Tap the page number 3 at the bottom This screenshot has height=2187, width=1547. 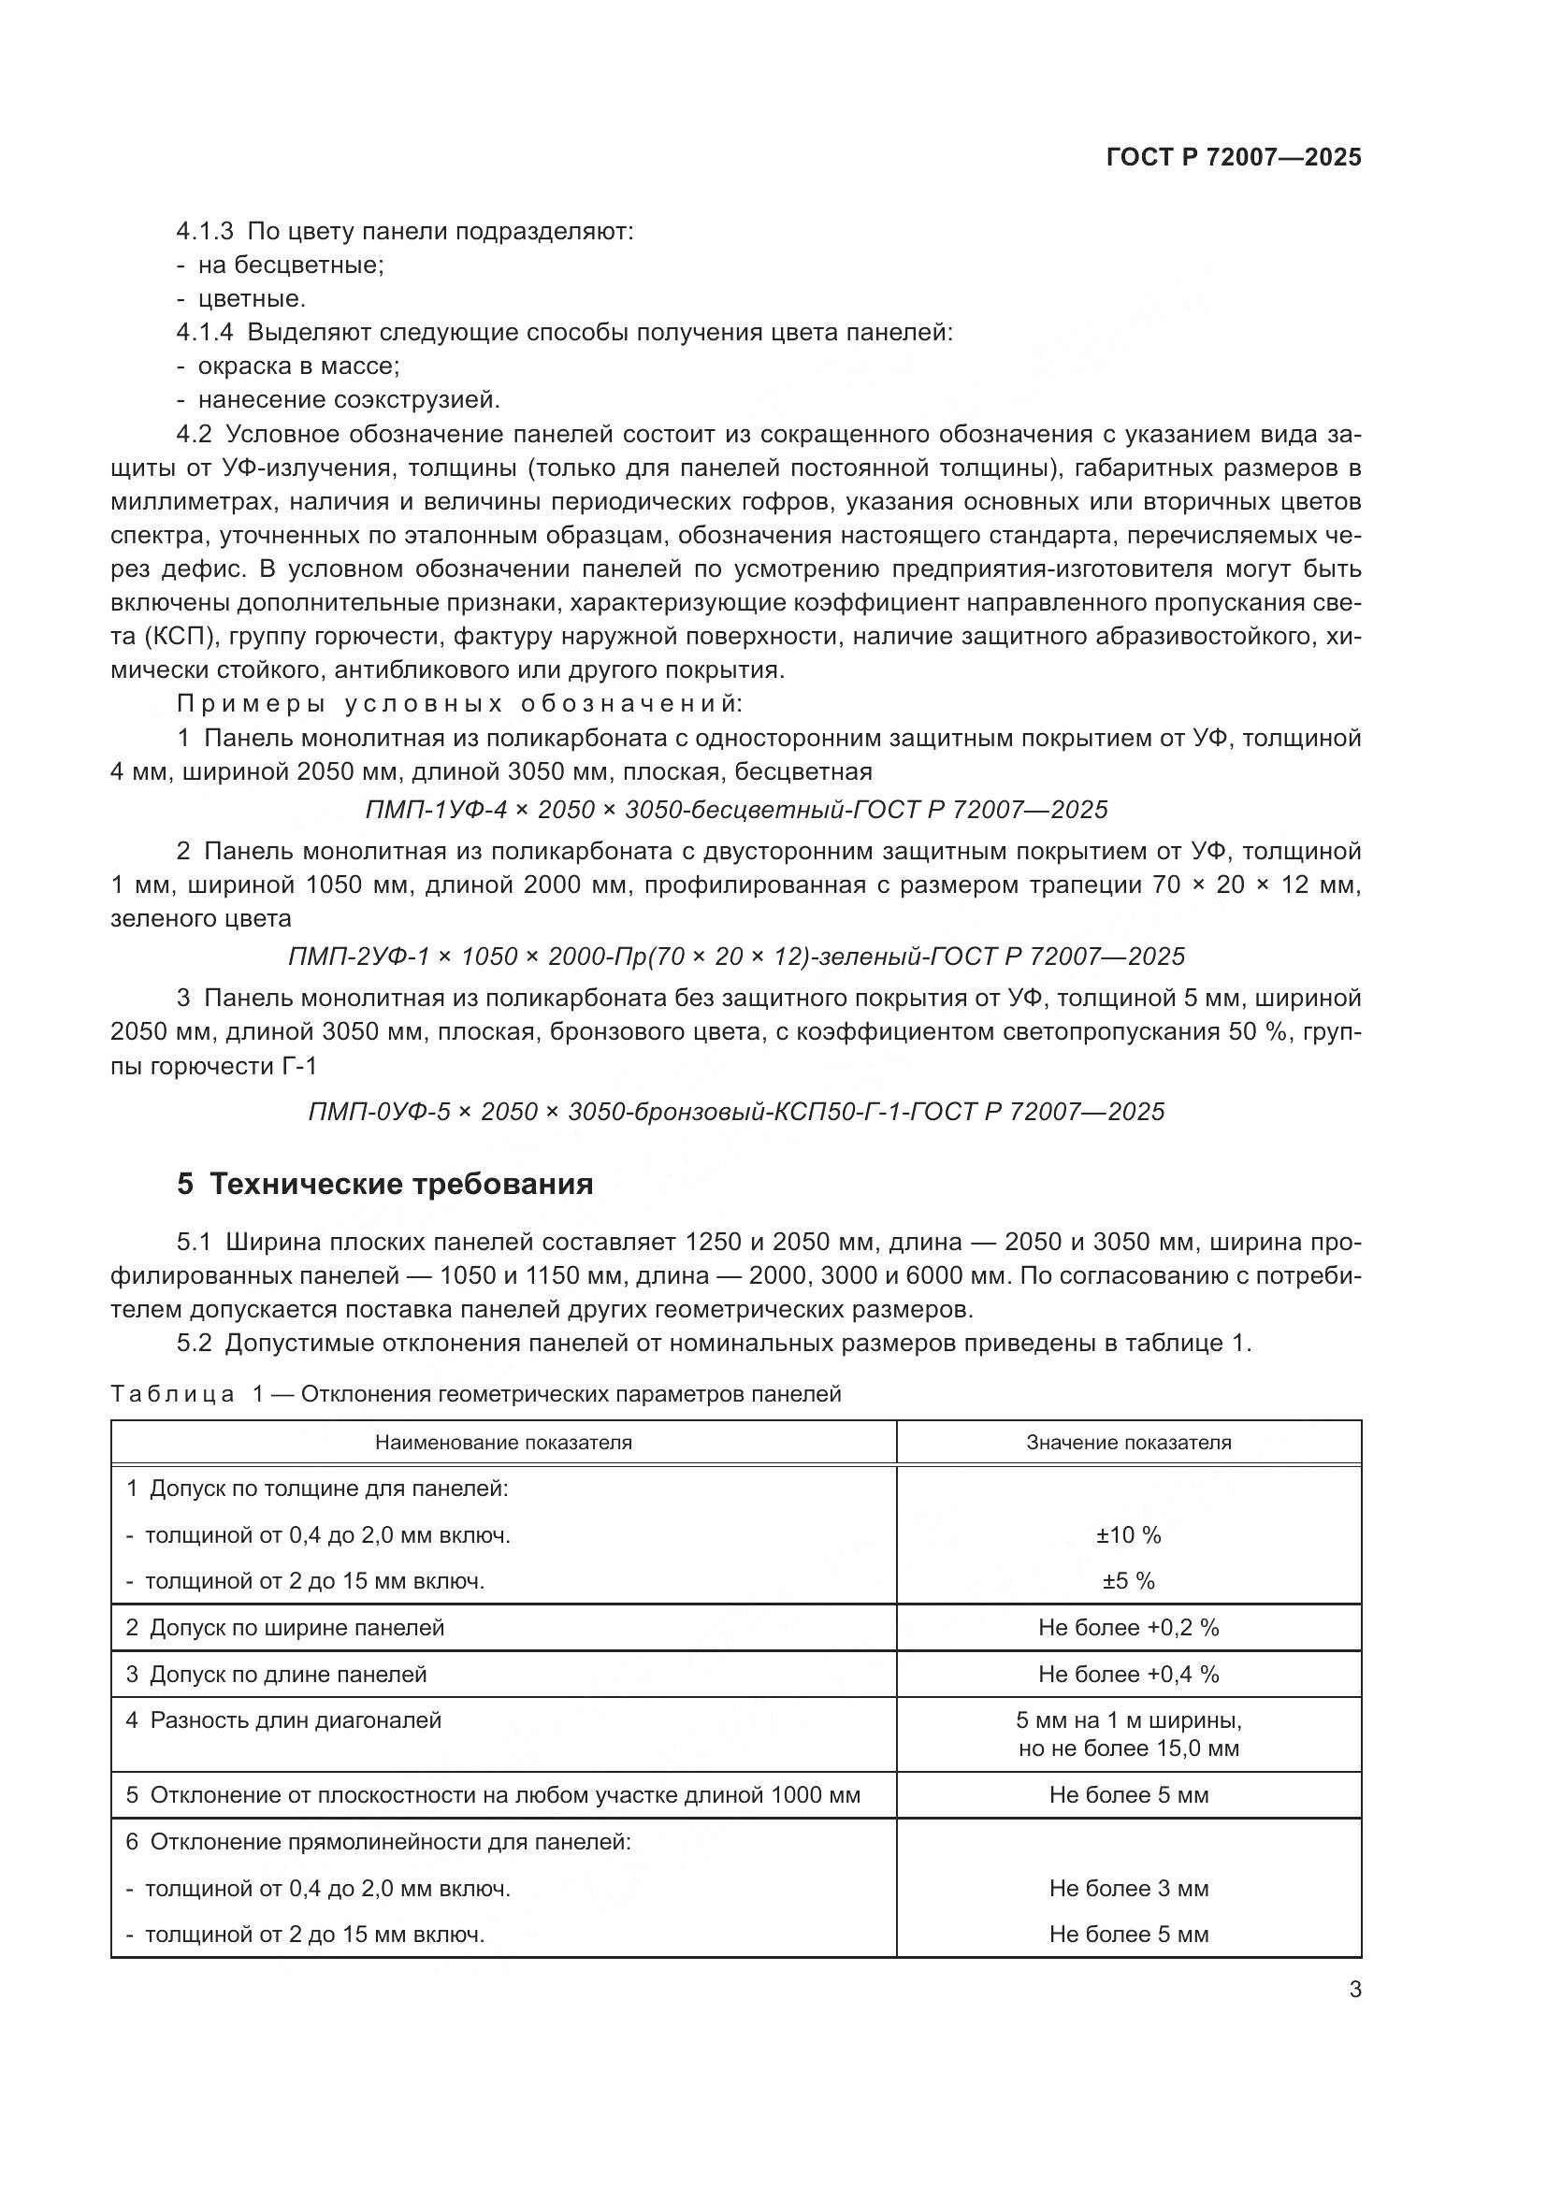(x=1354, y=1989)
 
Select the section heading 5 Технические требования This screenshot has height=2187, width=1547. (x=384, y=1184)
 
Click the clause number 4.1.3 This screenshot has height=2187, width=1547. (x=205, y=232)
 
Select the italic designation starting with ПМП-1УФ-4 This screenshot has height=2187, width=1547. (x=736, y=811)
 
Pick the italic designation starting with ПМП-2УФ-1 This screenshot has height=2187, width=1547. (x=736, y=957)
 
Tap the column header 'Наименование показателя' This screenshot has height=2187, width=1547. (x=503, y=1442)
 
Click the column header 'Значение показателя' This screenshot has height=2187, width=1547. (x=1129, y=1442)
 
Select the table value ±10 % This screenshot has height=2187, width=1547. (x=1129, y=1535)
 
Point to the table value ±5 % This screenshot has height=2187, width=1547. (x=1129, y=1581)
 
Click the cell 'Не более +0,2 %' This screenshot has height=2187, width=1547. (x=1129, y=1628)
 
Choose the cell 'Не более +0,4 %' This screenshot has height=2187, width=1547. (x=1129, y=1675)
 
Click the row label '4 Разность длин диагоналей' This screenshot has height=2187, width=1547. (x=284, y=1721)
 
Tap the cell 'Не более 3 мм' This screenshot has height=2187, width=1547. (x=1129, y=1888)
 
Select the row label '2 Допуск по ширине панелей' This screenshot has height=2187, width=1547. (x=285, y=1628)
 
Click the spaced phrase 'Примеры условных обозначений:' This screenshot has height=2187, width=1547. (x=458, y=705)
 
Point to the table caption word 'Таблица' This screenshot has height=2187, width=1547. (x=172, y=1394)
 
